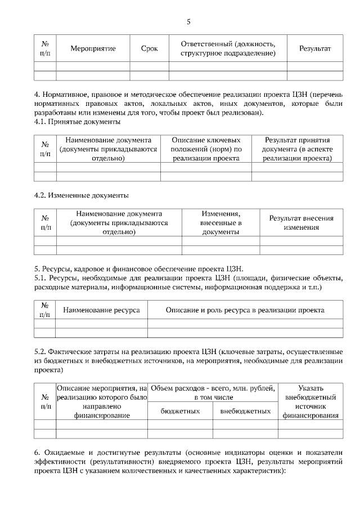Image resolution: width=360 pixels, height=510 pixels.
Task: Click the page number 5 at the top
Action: [188, 22]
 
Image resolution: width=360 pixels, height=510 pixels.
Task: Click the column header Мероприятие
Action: [93, 48]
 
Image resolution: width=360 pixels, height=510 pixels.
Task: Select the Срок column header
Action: [149, 48]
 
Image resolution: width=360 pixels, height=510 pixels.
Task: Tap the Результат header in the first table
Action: [315, 48]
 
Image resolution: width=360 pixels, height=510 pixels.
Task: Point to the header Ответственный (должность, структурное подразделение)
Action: [228, 48]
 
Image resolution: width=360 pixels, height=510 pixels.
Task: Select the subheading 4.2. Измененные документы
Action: [82, 195]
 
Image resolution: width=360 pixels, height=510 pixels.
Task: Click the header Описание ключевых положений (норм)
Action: [206, 149]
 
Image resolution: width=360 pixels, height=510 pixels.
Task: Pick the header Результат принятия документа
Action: [297, 149]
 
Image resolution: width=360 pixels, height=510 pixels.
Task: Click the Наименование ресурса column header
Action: [101, 310]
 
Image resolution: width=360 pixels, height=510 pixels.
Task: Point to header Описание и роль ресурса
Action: [245, 310]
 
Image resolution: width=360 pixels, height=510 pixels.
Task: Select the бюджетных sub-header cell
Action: [181, 411]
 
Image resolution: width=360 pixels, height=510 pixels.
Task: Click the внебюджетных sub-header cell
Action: [246, 411]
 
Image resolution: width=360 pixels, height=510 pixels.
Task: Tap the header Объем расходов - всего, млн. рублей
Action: [213, 392]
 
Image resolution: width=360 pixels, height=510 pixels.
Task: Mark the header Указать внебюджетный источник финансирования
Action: [310, 402]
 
